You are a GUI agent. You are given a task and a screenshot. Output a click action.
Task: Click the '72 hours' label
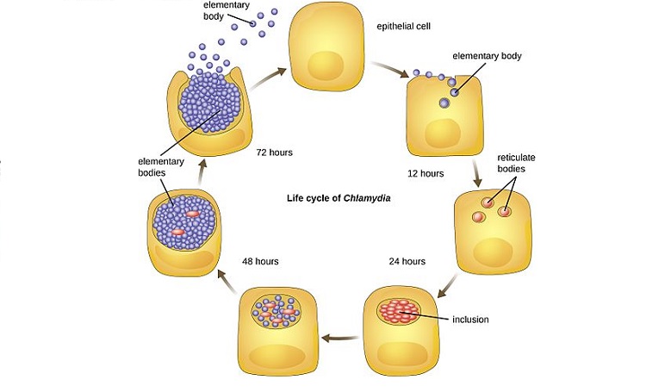274,152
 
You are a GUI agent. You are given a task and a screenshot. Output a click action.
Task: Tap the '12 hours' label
425,173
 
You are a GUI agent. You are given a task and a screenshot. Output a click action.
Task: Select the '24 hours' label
407,261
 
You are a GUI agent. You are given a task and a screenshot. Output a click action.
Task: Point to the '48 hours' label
260,261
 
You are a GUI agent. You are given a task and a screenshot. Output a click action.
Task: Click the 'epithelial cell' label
403,27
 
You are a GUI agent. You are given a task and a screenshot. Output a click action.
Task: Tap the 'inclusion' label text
470,320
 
